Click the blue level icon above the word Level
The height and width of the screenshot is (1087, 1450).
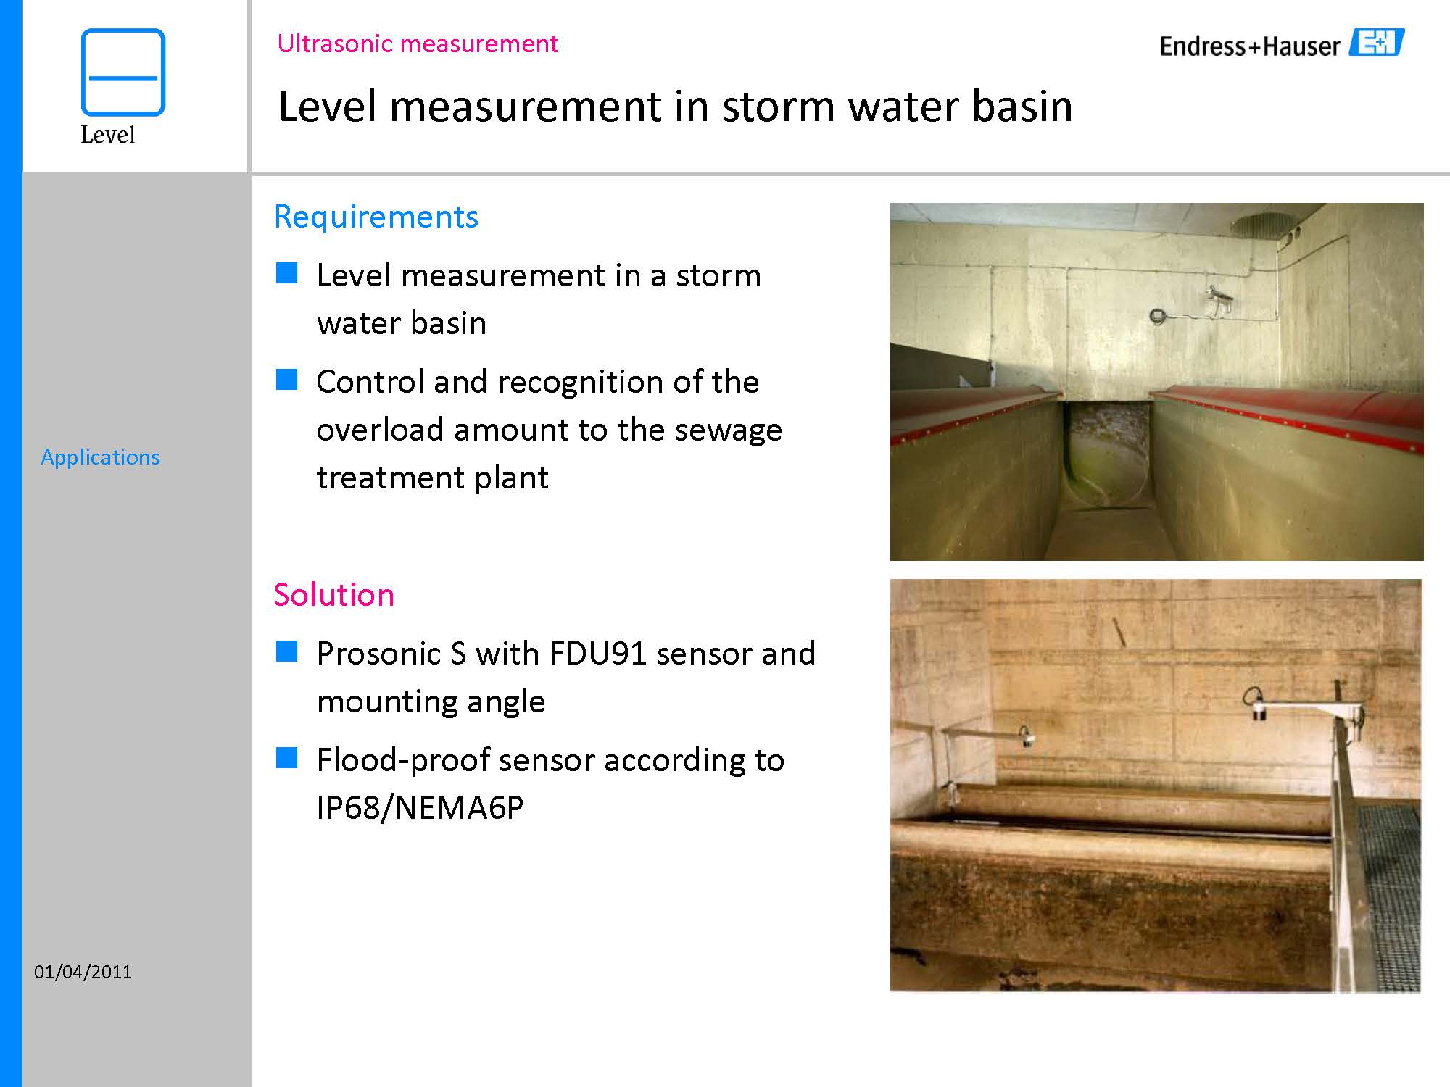(x=123, y=72)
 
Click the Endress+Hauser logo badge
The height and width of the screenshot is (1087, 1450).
(x=1377, y=43)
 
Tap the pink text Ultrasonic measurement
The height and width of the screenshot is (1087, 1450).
(x=418, y=43)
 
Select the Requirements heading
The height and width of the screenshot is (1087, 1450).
(x=376, y=217)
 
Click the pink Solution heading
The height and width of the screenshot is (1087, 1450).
(x=334, y=595)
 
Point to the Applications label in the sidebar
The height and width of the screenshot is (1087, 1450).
(x=100, y=457)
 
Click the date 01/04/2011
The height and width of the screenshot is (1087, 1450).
(x=83, y=972)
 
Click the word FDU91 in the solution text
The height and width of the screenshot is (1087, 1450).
(x=598, y=654)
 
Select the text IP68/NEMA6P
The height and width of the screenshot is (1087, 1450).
(x=420, y=807)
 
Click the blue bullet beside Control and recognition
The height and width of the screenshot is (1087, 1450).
(x=287, y=380)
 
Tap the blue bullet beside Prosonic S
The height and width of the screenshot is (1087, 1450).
(x=287, y=651)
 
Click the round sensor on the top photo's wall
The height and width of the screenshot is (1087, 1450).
(x=1158, y=316)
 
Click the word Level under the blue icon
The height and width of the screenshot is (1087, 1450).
(x=108, y=135)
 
